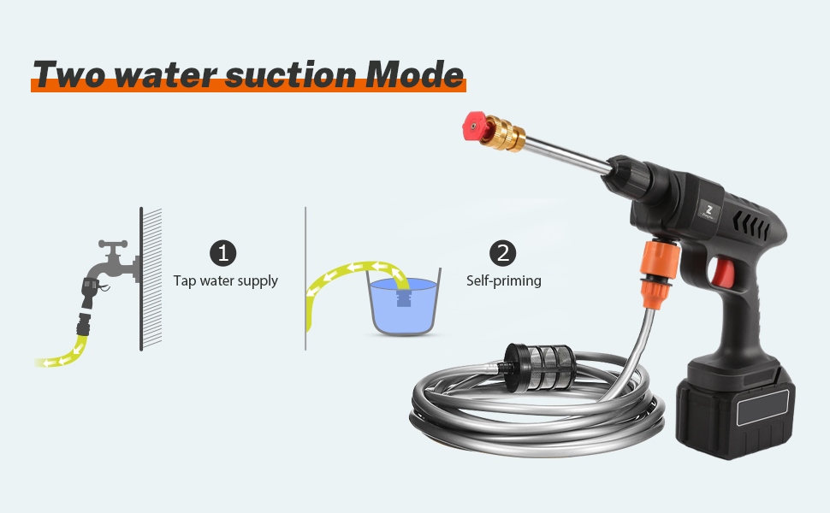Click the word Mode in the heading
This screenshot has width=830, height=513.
point(414,74)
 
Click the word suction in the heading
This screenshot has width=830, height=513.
point(290,74)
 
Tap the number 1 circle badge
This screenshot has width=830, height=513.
point(222,253)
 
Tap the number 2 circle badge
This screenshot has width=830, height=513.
point(502,253)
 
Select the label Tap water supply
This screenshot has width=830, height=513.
point(226,280)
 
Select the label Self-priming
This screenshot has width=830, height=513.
point(503,280)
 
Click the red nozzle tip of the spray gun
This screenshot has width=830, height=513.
point(474,126)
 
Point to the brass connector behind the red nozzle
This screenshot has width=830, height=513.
point(505,133)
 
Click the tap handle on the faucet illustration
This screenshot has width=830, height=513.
point(113,245)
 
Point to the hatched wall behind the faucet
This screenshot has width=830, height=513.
point(151,279)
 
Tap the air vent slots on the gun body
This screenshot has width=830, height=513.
point(751,226)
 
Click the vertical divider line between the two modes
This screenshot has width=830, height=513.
point(305,278)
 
